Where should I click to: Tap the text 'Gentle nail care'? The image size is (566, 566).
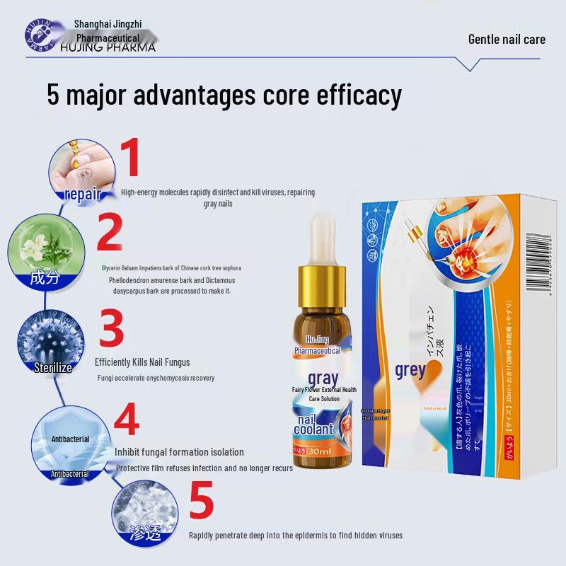point(507,38)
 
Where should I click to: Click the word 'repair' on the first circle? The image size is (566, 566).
point(83,195)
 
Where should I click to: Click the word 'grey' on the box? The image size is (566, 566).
point(410,370)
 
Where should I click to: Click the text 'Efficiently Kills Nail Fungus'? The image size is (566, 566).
point(142,362)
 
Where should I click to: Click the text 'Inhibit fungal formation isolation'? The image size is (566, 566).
point(179,452)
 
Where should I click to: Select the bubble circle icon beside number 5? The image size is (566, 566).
point(142,510)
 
